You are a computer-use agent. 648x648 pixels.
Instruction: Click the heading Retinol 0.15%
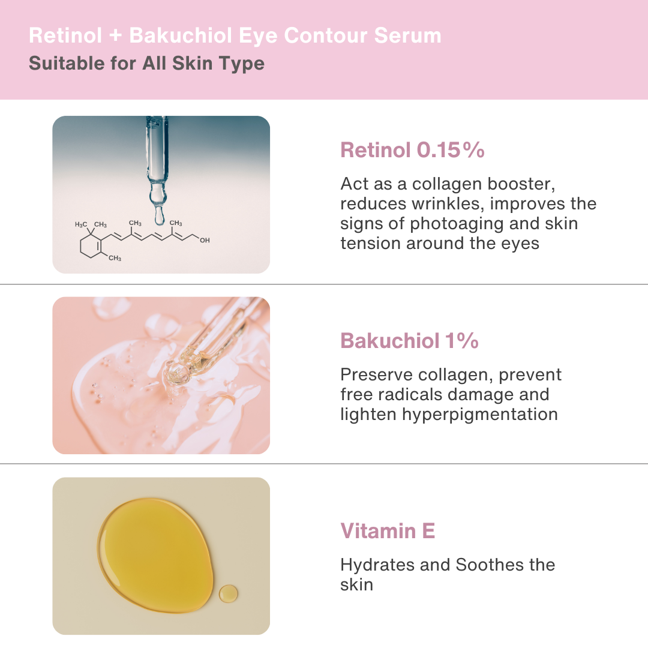[412, 150]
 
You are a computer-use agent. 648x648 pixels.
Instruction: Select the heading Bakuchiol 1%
[409, 341]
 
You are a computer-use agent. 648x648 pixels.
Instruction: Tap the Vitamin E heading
[388, 531]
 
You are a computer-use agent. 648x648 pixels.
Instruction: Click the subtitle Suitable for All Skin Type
[146, 63]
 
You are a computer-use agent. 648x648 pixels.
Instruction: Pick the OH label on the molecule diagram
[205, 240]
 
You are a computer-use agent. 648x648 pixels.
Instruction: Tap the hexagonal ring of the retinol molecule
[90, 246]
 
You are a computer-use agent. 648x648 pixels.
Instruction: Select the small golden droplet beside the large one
[228, 594]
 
